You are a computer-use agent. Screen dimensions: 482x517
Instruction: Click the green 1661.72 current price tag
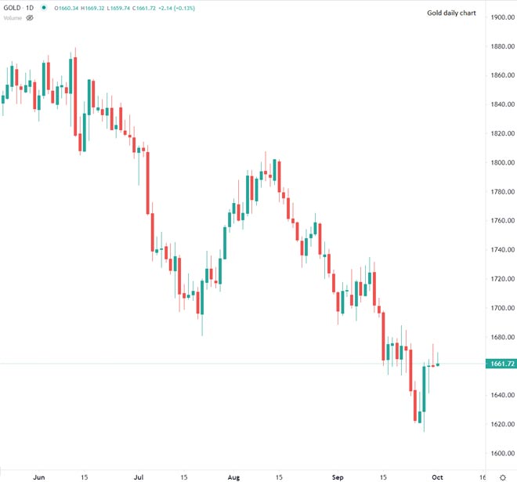(500, 364)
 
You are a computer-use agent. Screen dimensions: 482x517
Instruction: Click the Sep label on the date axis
(338, 476)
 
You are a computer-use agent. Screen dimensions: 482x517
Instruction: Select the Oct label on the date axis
(439, 476)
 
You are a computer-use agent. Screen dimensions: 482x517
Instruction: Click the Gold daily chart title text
(451, 13)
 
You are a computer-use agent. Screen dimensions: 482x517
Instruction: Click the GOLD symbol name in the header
(12, 8)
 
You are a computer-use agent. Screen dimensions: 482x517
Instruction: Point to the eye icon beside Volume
(30, 16)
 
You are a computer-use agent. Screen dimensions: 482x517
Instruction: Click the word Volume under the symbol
(13, 16)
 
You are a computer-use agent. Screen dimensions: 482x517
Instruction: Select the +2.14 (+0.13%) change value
(178, 8)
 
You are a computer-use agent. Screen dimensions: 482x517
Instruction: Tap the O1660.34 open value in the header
(66, 8)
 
